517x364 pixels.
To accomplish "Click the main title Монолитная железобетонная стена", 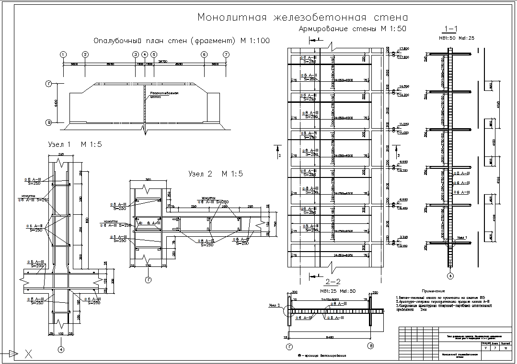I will click(x=303, y=18).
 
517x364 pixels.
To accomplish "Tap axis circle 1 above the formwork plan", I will click(x=64, y=55).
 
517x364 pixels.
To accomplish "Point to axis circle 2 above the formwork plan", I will click(x=85, y=55).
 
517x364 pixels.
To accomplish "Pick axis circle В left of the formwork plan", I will click(x=48, y=123).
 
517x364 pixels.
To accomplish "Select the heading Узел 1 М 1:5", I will click(x=75, y=144).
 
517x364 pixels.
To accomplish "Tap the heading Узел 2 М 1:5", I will click(x=215, y=174).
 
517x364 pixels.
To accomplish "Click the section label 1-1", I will click(x=453, y=27).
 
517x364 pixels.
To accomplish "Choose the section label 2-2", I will click(x=332, y=281).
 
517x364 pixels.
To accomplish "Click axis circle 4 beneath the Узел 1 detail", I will click(x=61, y=349).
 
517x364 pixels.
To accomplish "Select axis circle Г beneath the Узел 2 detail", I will click(x=149, y=279).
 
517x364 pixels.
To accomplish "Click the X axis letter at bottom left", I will click(x=29, y=354).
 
